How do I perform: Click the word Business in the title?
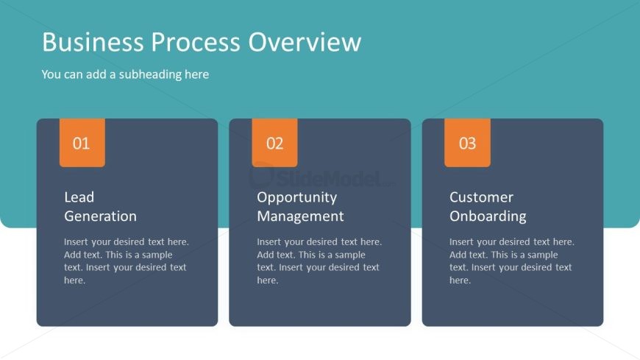[x=93, y=42]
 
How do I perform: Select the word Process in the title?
[x=196, y=42]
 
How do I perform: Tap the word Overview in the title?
[x=305, y=42]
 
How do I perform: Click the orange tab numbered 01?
[x=82, y=143]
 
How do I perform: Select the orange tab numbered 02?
[x=274, y=143]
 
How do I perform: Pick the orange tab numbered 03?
[x=467, y=143]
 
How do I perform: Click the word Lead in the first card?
[x=79, y=197]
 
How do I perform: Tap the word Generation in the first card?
[x=100, y=216]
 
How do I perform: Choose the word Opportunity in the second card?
[x=297, y=198]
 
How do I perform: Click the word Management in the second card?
[x=300, y=216]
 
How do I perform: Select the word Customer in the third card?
[x=482, y=197]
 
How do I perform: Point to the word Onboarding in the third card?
[x=488, y=216]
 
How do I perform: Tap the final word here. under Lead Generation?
[x=75, y=280]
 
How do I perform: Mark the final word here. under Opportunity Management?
[x=268, y=280]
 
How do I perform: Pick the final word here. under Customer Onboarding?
[x=461, y=280]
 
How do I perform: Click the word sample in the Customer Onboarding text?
[x=542, y=255]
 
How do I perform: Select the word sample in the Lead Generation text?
[x=157, y=255]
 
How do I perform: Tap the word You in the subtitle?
[x=51, y=74]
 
